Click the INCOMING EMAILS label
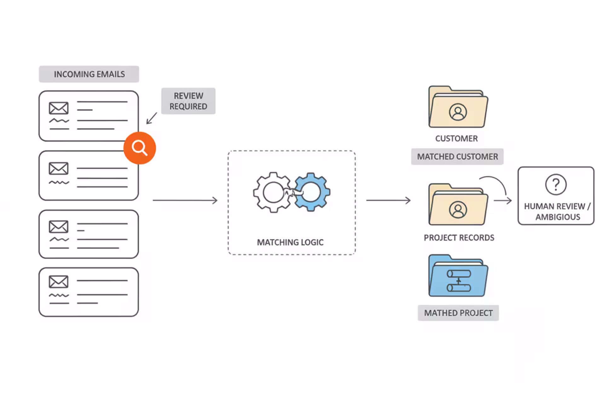coord(89,74)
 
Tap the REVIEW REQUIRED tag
coord(188,101)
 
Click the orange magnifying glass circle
coord(140,148)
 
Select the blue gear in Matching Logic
coord(311,192)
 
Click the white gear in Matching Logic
coord(273,192)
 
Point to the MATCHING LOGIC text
coord(290,242)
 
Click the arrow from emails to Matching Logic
coord(185,200)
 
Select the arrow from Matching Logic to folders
coord(388,200)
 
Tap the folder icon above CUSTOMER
coord(458,107)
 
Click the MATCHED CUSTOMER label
coord(457,156)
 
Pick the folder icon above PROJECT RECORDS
coord(458,205)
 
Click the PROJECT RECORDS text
coord(459,238)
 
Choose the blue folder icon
coord(458,276)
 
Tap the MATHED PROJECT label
coord(458,313)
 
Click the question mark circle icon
coord(556,184)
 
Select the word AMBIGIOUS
coord(558,217)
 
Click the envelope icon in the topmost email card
coord(59,108)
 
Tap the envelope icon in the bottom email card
coord(59,282)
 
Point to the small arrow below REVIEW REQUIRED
coord(152,118)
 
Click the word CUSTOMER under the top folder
coord(456,139)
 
